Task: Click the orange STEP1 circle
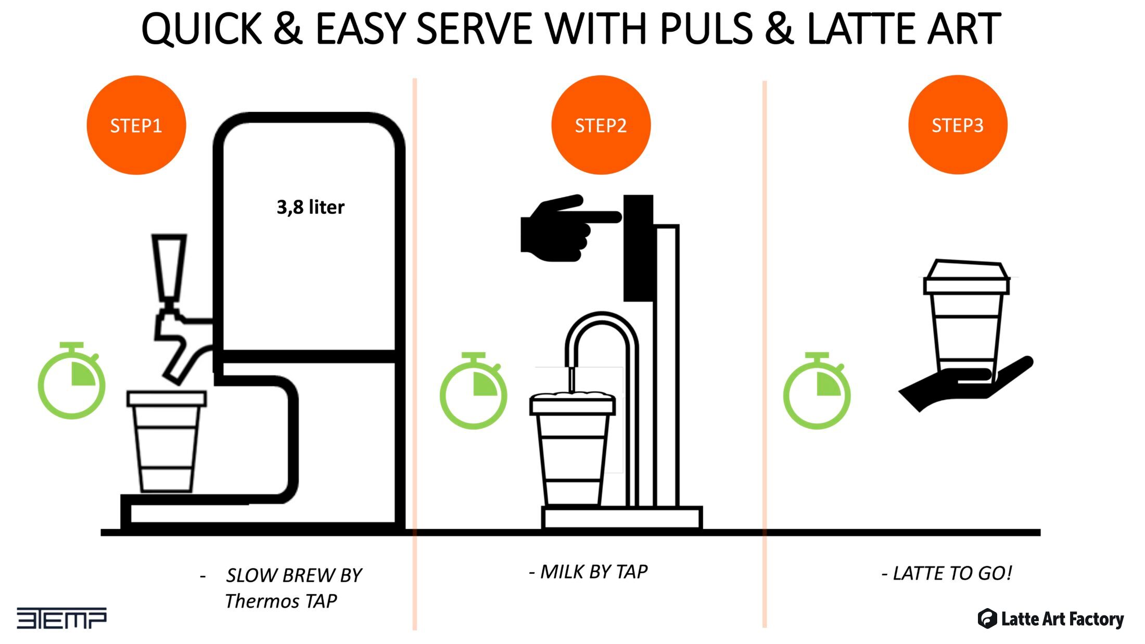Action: [136, 125]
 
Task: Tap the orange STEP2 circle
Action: [601, 125]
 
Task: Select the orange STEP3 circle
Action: [958, 125]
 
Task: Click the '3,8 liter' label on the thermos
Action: [310, 207]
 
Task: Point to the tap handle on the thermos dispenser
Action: [169, 268]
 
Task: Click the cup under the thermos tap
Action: [167, 441]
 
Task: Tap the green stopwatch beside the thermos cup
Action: [71, 380]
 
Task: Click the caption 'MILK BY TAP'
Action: [594, 572]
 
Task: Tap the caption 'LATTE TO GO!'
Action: [952, 573]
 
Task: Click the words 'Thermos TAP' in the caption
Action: [281, 601]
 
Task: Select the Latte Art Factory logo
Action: [1050, 619]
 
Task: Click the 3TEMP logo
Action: [61, 618]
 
